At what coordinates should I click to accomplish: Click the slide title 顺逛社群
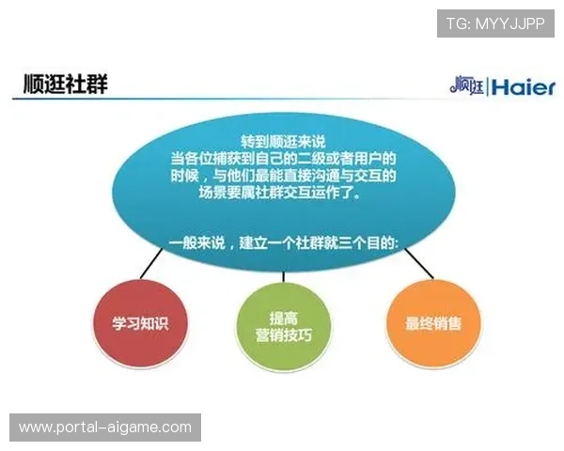pyautogui.click(x=66, y=85)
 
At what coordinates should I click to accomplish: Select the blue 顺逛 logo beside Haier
pyautogui.click(x=466, y=87)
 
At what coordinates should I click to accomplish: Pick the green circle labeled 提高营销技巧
pyautogui.click(x=283, y=324)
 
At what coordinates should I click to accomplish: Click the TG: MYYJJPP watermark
pyautogui.click(x=495, y=23)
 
